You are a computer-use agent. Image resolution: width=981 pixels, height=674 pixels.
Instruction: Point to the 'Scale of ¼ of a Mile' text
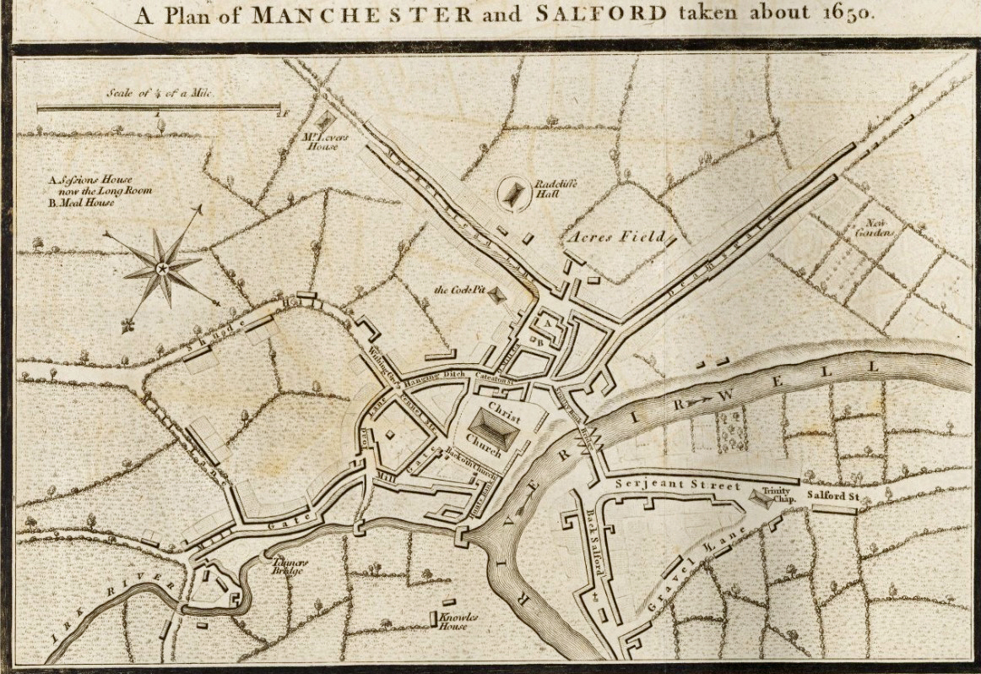158,94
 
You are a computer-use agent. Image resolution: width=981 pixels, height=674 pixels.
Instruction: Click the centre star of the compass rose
161,269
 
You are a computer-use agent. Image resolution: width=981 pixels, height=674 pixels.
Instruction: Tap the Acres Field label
619,236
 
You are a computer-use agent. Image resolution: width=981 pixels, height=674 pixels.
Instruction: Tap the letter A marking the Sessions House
547,322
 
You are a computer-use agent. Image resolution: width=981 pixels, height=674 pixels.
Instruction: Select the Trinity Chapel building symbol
762,498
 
